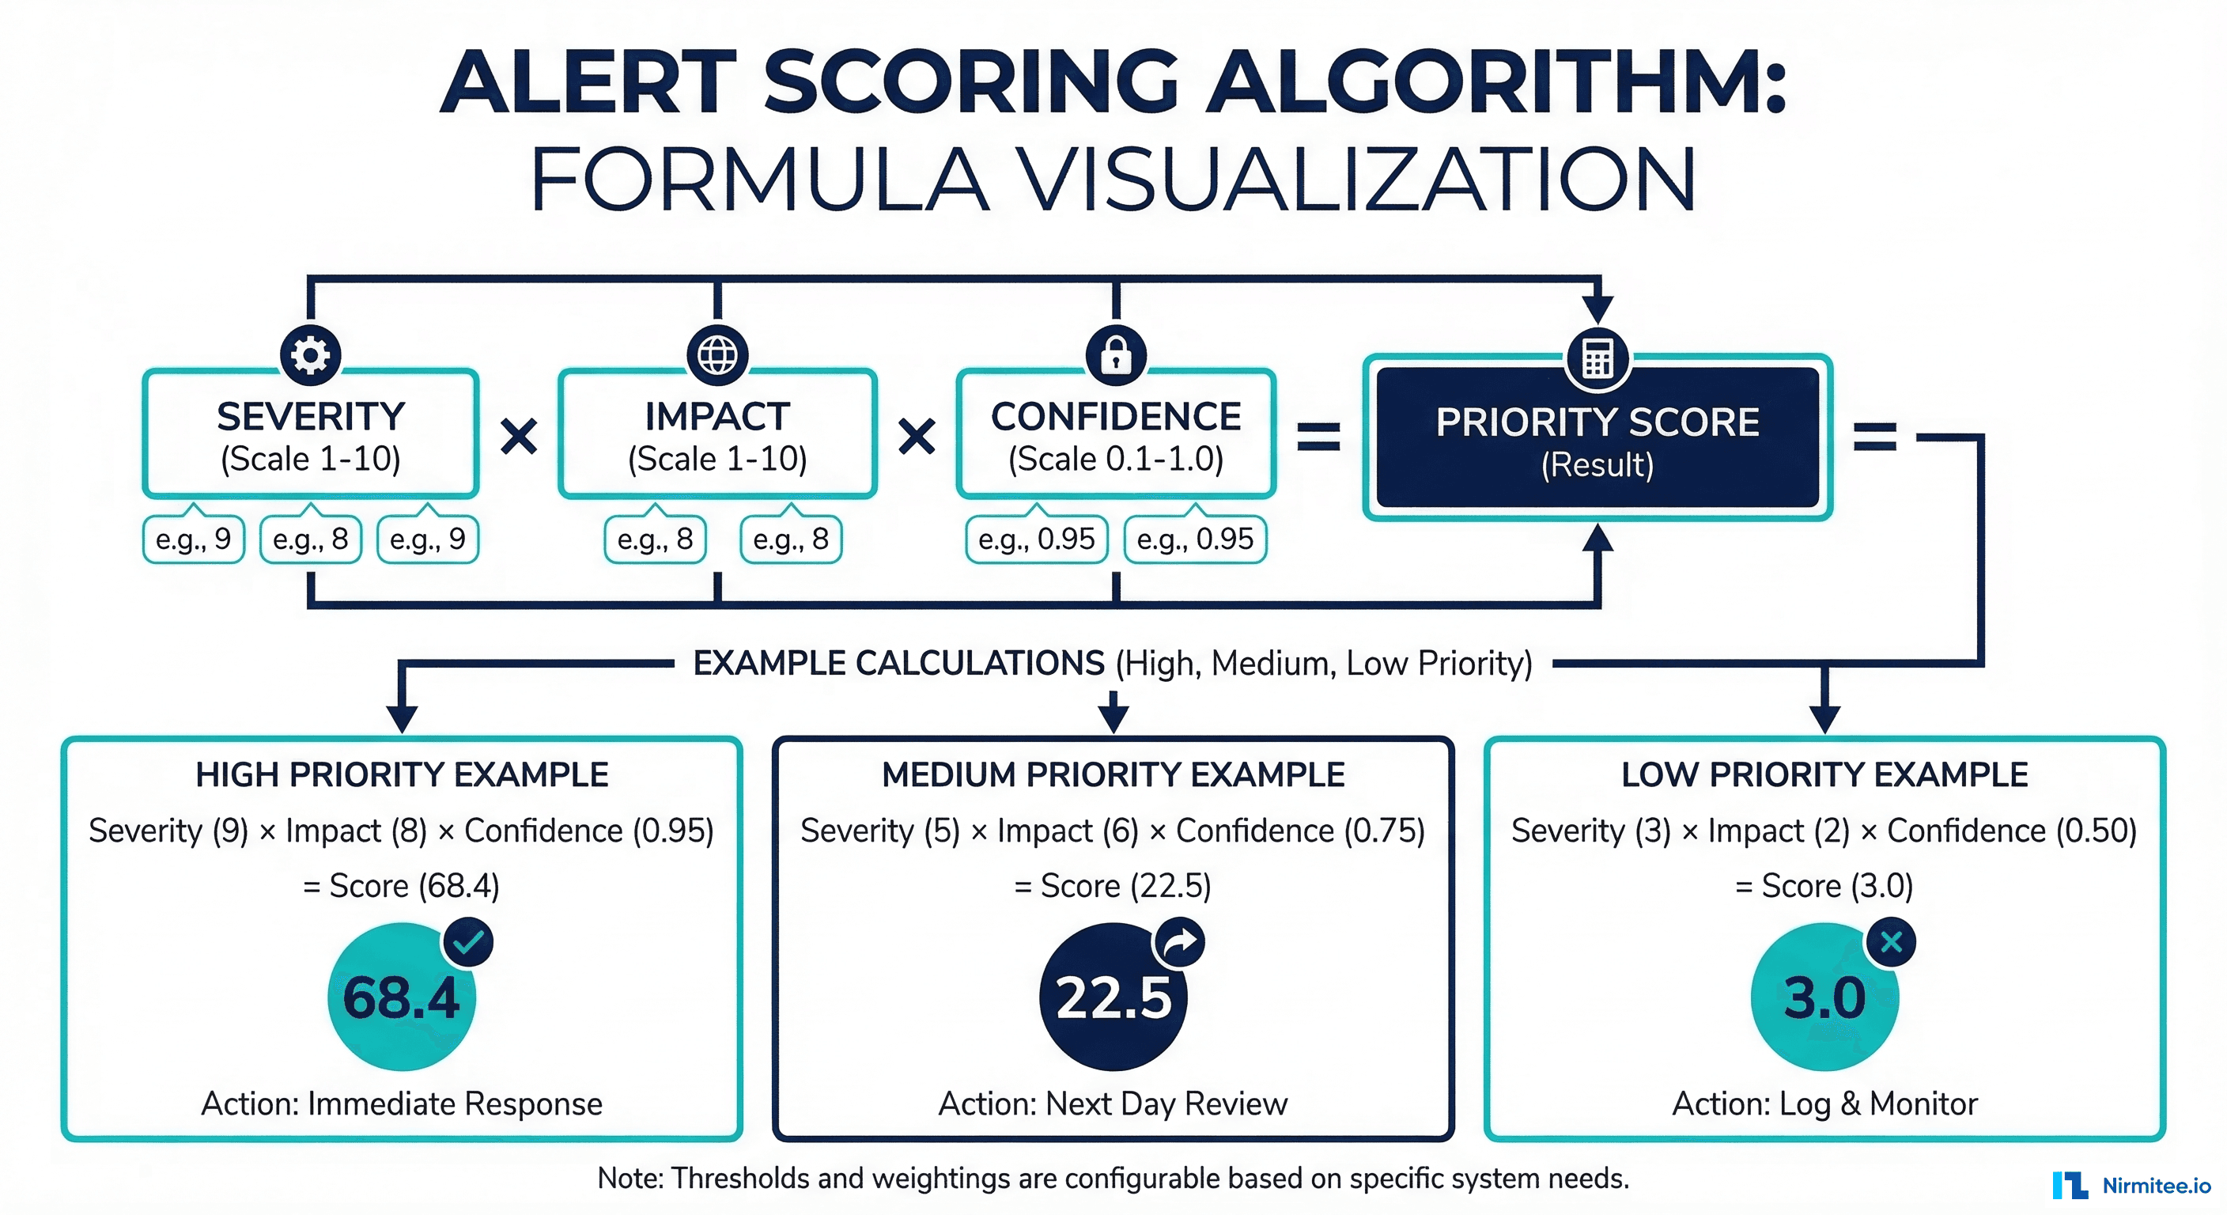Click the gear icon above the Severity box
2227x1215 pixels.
[310, 354]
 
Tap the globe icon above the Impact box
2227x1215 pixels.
[717, 354]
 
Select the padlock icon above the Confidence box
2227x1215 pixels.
[1116, 354]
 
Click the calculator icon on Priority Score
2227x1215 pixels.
[1597, 358]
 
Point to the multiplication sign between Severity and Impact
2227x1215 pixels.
[520, 437]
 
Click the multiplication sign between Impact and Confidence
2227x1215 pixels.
[917, 437]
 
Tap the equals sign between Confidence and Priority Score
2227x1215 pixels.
[1318, 437]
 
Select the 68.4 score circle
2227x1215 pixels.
[401, 997]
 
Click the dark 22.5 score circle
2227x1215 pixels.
[1113, 997]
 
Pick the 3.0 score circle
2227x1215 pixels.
[1824, 997]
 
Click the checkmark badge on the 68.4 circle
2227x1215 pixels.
[468, 942]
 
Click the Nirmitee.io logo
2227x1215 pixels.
[2131, 1185]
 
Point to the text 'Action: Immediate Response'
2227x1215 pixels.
[401, 1103]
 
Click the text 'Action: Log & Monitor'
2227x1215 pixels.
[1824, 1103]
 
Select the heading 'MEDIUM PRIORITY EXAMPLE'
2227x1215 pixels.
[1113, 775]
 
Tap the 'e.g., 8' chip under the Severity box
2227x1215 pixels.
[310, 539]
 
